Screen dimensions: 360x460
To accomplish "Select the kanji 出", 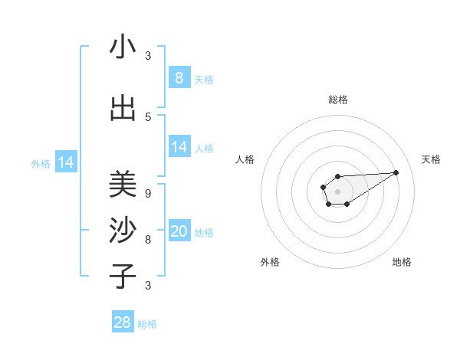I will (x=123, y=109).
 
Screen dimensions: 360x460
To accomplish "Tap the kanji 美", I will (x=123, y=185).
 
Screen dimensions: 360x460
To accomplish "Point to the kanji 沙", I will (x=123, y=231).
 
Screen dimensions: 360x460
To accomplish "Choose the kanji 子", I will (x=123, y=276).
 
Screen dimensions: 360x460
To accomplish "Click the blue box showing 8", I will (x=179, y=77).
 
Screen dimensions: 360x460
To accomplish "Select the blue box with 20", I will (x=179, y=232).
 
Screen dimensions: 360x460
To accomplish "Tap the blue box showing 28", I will (x=123, y=322).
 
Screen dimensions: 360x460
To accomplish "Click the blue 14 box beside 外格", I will (x=66, y=162).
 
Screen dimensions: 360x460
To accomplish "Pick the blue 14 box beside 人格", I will (x=179, y=147).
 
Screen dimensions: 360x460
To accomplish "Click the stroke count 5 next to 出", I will (x=148, y=116).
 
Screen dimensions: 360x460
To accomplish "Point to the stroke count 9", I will (x=148, y=193).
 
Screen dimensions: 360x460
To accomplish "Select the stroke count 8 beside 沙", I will (x=148, y=239).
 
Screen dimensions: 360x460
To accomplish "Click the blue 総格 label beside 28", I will (x=147, y=324).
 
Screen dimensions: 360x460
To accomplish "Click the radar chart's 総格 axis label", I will (x=338, y=100).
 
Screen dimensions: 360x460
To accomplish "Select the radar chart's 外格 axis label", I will (x=270, y=262).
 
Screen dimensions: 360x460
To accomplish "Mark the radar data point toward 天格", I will (x=396, y=172).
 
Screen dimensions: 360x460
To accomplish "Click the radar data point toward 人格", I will (x=324, y=187).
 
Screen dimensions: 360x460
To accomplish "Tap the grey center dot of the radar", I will (x=337, y=191).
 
